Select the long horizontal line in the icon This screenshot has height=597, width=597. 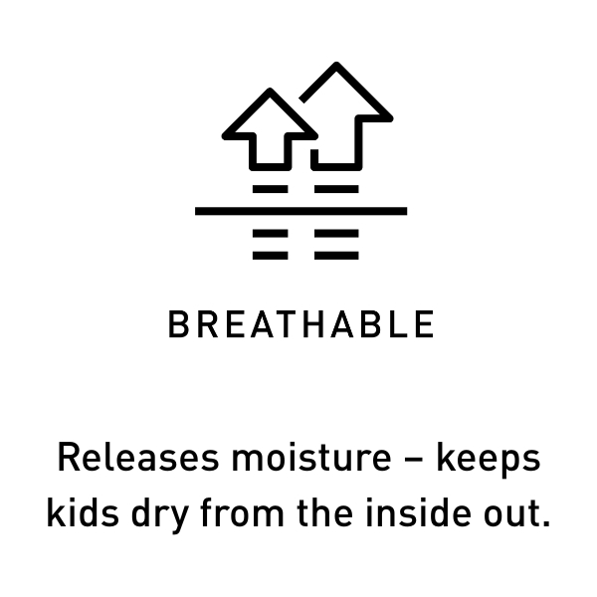[300, 211]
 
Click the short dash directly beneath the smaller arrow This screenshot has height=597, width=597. [271, 189]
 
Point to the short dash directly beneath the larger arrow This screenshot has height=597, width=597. [336, 189]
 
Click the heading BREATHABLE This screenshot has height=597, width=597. [300, 323]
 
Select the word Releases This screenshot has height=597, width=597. [138, 458]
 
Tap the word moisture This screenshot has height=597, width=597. [311, 458]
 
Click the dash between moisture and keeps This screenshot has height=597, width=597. [414, 459]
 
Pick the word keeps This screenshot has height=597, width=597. [489, 460]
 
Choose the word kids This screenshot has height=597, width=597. [83, 512]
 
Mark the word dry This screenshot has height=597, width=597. [160, 515]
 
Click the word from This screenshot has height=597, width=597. [242, 512]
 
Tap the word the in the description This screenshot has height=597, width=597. [324, 512]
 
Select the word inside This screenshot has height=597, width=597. [418, 512]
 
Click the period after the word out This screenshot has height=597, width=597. [546, 524]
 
